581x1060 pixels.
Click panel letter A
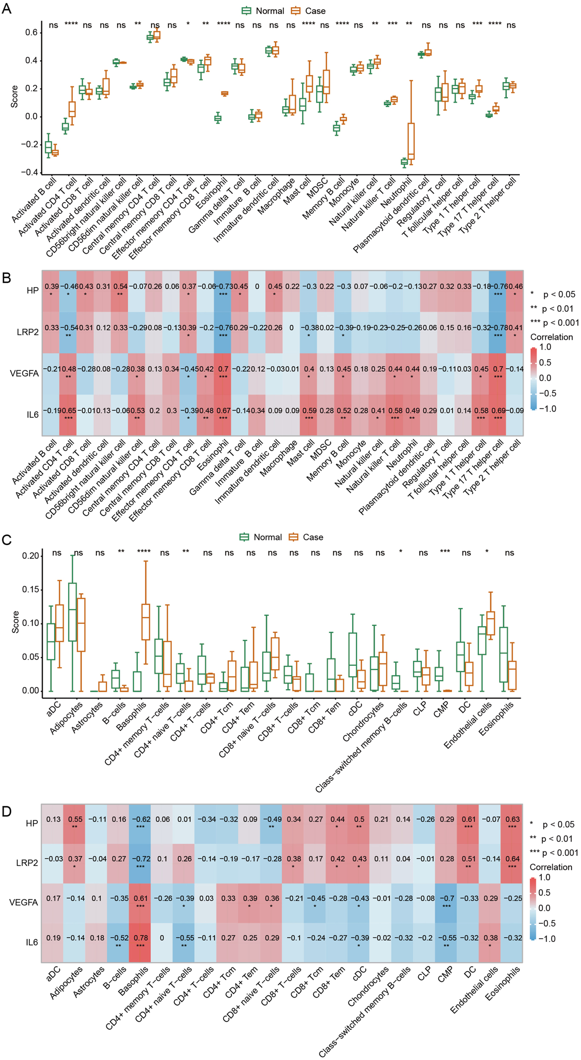tap(6, 9)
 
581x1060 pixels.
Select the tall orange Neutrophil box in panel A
tap(411, 141)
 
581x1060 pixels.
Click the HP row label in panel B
tap(32, 290)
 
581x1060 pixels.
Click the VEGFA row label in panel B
tap(24, 373)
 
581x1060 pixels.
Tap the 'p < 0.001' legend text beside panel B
tap(560, 323)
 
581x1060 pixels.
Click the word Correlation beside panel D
tap(550, 867)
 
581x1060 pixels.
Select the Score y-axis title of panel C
tap(16, 621)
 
